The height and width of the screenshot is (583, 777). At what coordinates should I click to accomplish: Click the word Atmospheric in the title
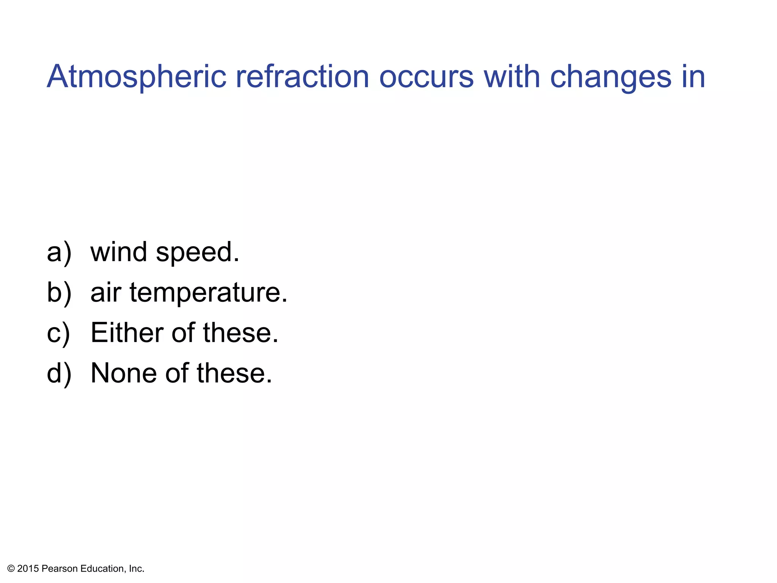pyautogui.click(x=137, y=77)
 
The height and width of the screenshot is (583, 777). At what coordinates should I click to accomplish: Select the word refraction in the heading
pyautogui.click(x=302, y=77)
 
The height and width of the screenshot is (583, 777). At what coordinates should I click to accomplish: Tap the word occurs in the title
pyautogui.click(x=426, y=77)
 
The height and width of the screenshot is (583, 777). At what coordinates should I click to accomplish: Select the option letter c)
pyautogui.click(x=58, y=333)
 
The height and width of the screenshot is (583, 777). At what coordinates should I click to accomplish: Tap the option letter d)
pyautogui.click(x=59, y=373)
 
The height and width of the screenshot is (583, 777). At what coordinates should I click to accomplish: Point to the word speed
pyautogui.click(x=197, y=253)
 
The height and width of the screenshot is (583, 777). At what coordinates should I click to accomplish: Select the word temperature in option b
pyautogui.click(x=209, y=293)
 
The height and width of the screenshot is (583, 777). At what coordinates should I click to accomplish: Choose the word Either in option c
pyautogui.click(x=127, y=333)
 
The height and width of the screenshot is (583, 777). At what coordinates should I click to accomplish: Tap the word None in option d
pyautogui.click(x=124, y=373)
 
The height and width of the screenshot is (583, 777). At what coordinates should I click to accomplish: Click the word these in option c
pyautogui.click(x=241, y=333)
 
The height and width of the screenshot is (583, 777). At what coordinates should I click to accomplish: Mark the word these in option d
pyautogui.click(x=234, y=373)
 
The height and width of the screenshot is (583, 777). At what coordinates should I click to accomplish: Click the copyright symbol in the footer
pyautogui.click(x=11, y=569)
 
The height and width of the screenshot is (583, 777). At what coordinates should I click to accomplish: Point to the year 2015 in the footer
pyautogui.click(x=28, y=569)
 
